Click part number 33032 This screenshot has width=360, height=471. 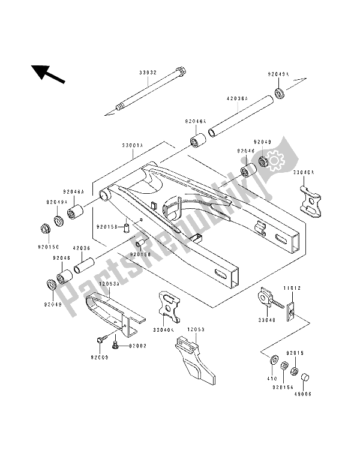click(146, 72)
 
